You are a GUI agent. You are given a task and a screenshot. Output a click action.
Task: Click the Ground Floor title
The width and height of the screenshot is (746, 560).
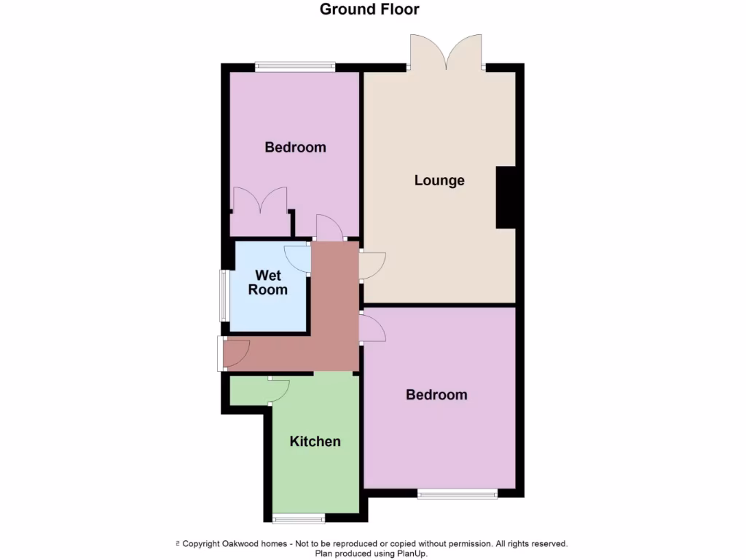pyautogui.click(x=369, y=9)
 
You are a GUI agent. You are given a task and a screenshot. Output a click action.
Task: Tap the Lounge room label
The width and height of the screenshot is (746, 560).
pyautogui.click(x=439, y=180)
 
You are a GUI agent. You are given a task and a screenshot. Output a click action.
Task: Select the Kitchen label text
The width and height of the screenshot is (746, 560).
pyautogui.click(x=315, y=441)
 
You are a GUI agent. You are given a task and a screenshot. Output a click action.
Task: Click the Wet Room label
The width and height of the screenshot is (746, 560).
pyautogui.click(x=267, y=282)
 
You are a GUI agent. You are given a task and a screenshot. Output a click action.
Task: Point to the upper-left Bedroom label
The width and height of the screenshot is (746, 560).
pyautogui.click(x=295, y=147)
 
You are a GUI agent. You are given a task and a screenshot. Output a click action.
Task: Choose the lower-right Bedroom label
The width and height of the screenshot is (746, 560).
pyautogui.click(x=436, y=394)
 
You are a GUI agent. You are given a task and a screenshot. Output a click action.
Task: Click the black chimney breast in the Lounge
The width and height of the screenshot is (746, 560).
pyautogui.click(x=506, y=198)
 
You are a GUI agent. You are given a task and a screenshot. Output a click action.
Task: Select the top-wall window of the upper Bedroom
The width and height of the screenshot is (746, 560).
pyautogui.click(x=295, y=67)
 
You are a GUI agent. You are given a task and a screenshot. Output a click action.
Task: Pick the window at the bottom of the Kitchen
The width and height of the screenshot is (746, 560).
pyautogui.click(x=298, y=518)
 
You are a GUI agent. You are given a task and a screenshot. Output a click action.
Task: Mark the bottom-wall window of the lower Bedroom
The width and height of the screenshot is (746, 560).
pyautogui.click(x=458, y=494)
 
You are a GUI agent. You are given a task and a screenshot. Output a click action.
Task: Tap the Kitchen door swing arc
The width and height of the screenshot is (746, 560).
pyautogui.click(x=279, y=390)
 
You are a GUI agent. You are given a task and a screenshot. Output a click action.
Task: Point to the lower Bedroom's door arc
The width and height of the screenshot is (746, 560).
pyautogui.click(x=373, y=327)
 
